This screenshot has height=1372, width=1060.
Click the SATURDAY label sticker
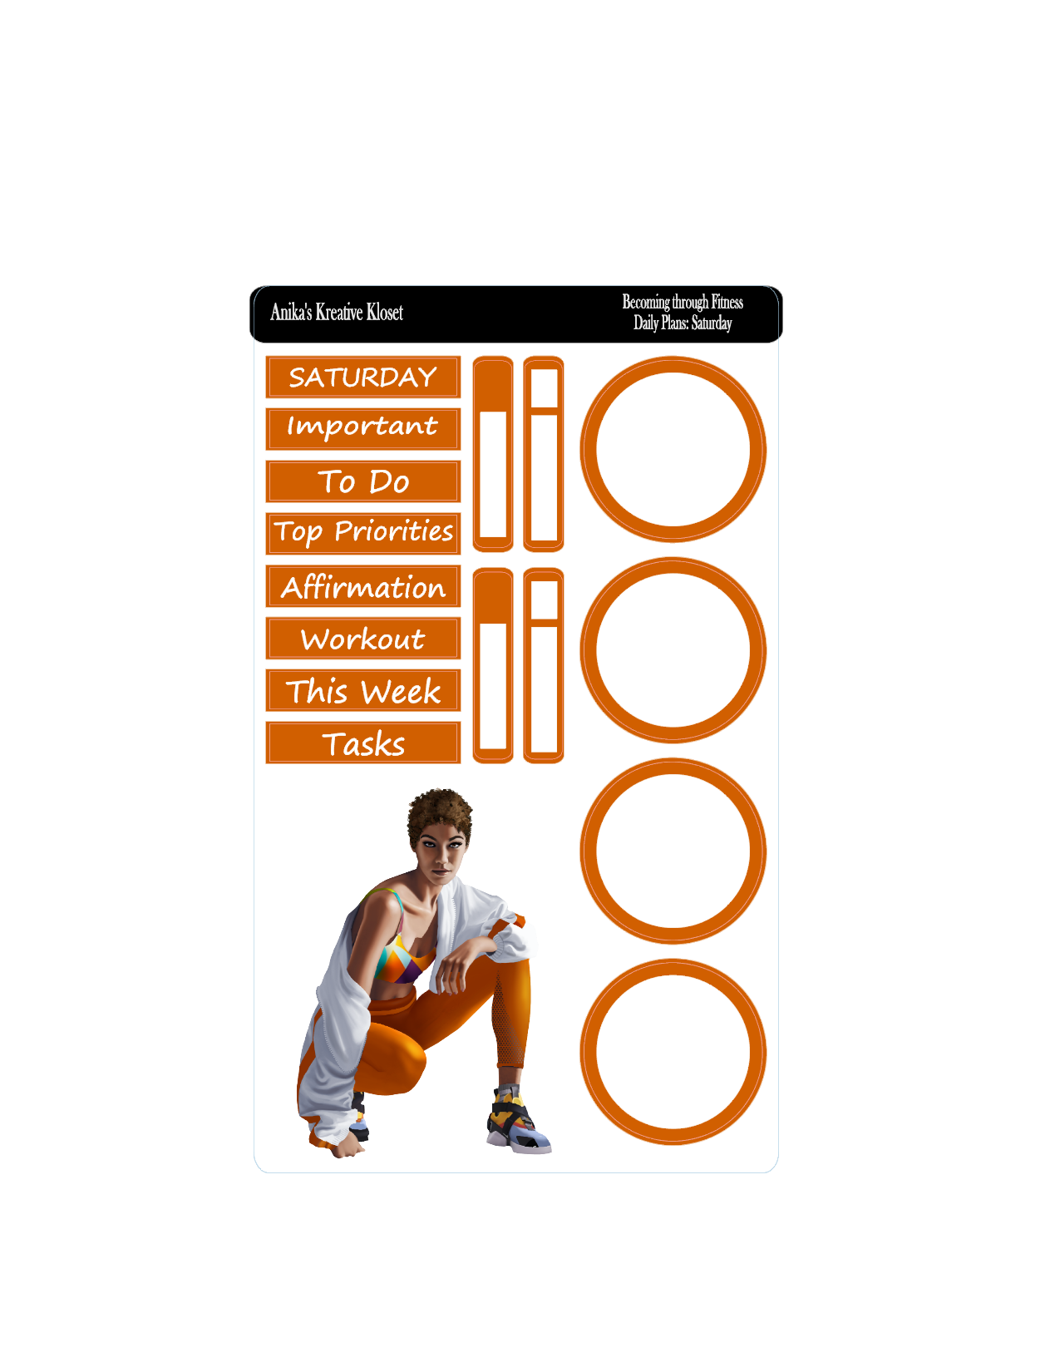point(363,377)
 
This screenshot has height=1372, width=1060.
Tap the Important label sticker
point(363,429)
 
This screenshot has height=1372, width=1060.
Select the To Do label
point(363,481)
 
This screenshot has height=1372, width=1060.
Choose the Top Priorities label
point(363,534)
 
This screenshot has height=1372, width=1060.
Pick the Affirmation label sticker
point(363,586)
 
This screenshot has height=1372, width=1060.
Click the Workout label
point(363,639)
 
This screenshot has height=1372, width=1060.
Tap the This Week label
point(363,690)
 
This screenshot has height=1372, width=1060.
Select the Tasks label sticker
point(363,743)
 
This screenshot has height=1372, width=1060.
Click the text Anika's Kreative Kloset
point(337,312)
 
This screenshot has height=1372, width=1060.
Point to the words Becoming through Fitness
point(683,302)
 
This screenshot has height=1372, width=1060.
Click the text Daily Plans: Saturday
point(683,323)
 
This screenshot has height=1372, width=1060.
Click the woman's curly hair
point(440,815)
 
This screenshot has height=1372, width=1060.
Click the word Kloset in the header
point(384,312)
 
